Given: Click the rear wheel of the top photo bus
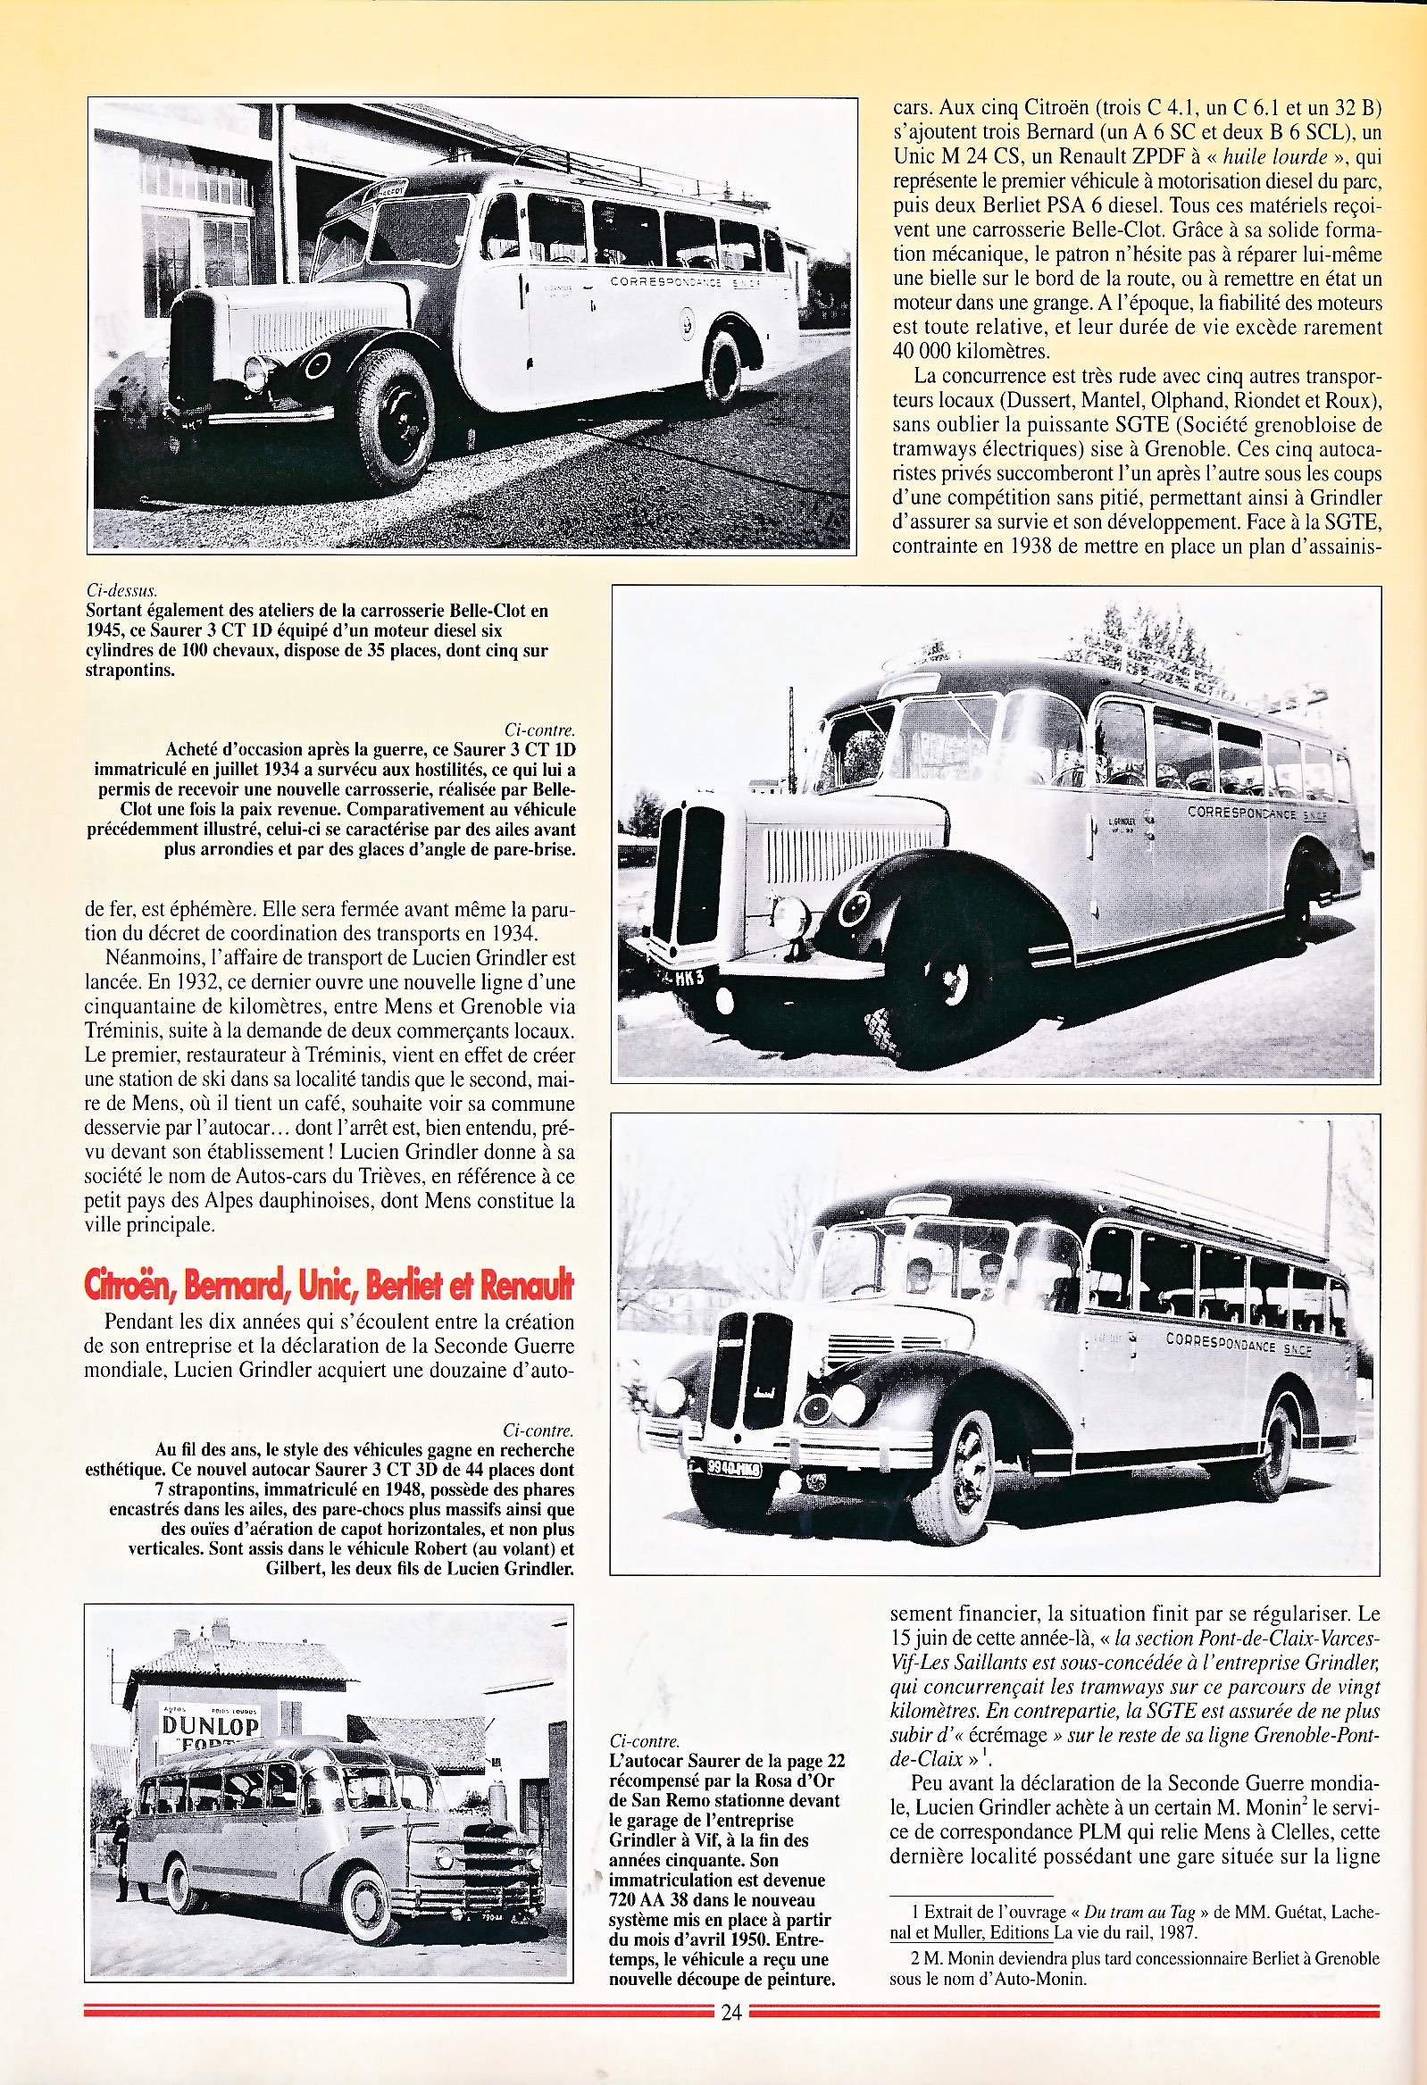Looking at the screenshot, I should tap(724, 367).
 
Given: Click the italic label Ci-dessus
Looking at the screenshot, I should tap(123, 590).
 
